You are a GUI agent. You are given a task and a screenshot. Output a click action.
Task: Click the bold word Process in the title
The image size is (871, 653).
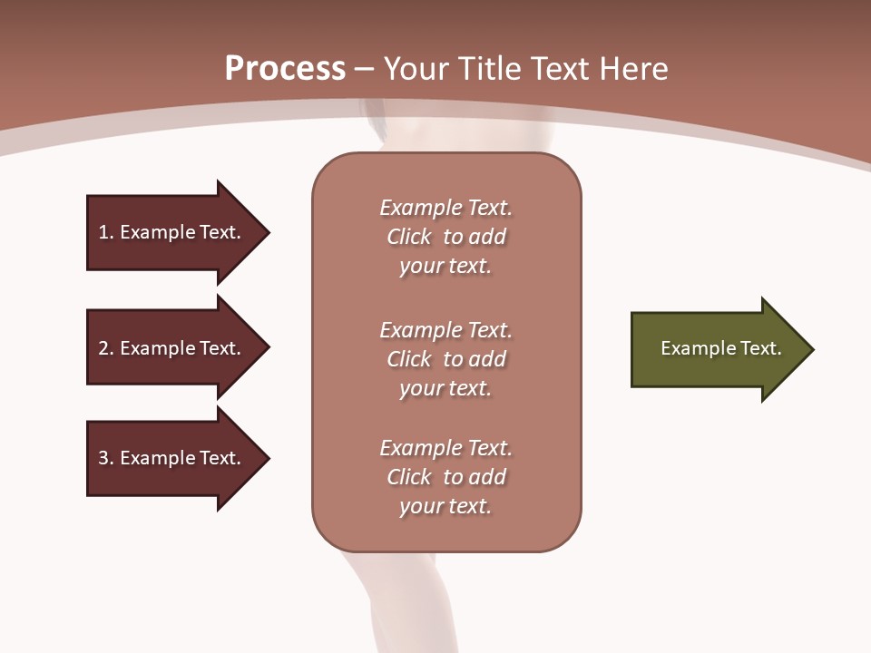285,69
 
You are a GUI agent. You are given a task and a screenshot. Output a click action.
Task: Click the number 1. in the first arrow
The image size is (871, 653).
106,232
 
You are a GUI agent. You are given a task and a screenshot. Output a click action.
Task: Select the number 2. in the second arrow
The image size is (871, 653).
106,348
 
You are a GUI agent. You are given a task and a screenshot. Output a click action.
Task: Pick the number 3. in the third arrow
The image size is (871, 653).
106,458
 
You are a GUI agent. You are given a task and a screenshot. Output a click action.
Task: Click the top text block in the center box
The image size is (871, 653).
445,237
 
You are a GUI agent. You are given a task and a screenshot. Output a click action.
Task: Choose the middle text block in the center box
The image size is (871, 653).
445,359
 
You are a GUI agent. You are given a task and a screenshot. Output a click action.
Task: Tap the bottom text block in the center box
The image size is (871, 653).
445,477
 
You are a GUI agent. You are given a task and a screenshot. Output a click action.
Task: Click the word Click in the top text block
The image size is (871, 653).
409,237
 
